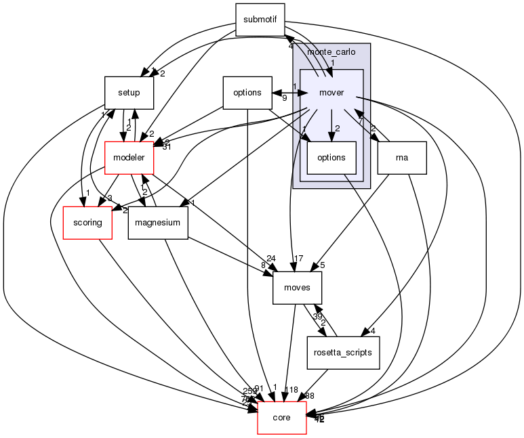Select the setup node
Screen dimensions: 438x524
(x=129, y=93)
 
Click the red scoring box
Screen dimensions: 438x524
(x=87, y=223)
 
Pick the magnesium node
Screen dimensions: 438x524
(x=158, y=223)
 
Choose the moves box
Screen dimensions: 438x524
(x=297, y=287)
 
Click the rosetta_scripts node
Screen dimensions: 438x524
(x=342, y=352)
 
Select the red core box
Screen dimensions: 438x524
(x=281, y=418)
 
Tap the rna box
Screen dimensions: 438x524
(x=401, y=158)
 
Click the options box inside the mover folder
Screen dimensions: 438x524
(x=331, y=158)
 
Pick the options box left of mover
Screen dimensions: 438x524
(x=247, y=93)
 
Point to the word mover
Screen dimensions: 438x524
(x=331, y=93)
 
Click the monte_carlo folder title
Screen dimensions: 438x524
(x=331, y=52)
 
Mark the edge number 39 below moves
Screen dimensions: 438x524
(x=317, y=317)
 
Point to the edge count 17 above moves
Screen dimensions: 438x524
(x=299, y=257)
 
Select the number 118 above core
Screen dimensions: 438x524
(x=290, y=389)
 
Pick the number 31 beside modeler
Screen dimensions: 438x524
(x=167, y=147)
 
